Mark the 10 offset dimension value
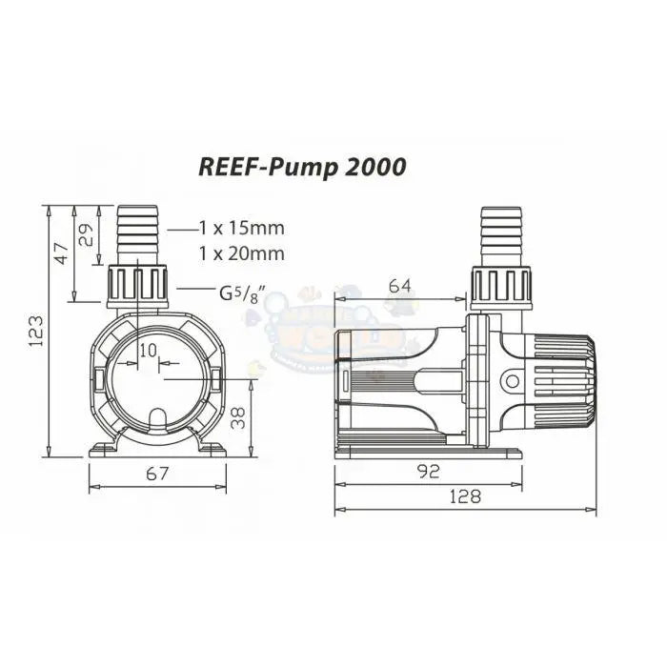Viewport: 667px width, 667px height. point(148,351)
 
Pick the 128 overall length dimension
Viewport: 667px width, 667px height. point(467,495)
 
